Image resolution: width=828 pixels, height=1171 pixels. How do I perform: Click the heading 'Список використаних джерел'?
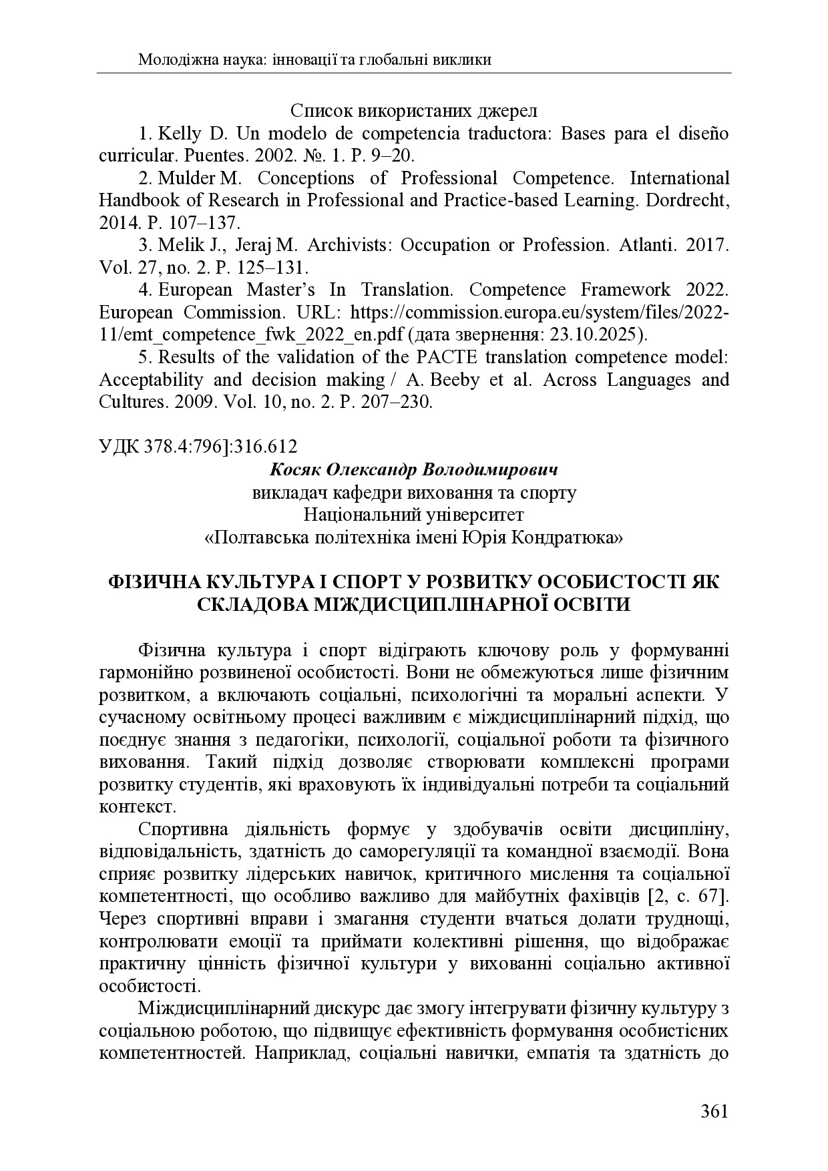414,111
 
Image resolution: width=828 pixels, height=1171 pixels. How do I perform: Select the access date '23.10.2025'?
604,335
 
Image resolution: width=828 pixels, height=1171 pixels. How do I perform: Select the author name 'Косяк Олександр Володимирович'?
414,470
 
